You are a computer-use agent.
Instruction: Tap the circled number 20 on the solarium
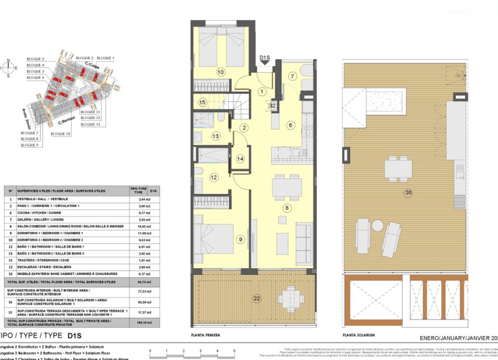pyautogui.click(x=408, y=192)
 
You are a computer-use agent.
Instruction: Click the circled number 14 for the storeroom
pyautogui.click(x=240, y=159)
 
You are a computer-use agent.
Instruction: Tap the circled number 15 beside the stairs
pyautogui.click(x=202, y=103)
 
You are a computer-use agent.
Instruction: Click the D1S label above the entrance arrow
pyautogui.click(x=265, y=57)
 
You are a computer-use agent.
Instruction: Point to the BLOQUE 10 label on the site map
pyautogui.click(x=60, y=134)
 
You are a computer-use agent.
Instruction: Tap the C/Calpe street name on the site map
pyautogui.click(x=92, y=65)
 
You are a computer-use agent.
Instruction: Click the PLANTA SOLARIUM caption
pyautogui.click(x=357, y=335)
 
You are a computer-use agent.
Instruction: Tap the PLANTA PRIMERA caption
pyautogui.click(x=206, y=335)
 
